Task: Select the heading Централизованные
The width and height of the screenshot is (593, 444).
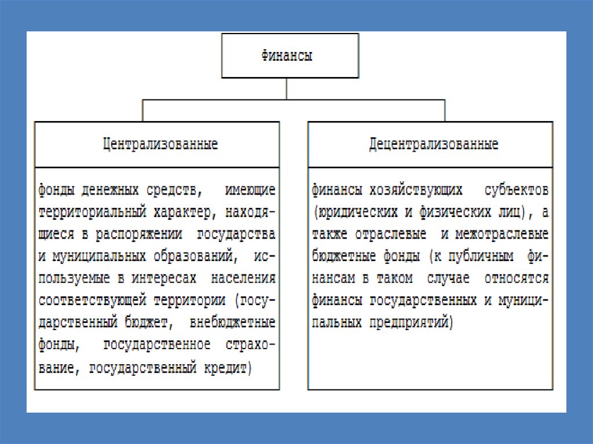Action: (x=160, y=144)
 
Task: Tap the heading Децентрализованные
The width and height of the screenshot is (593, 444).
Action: (x=434, y=144)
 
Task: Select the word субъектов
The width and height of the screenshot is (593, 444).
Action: (x=518, y=189)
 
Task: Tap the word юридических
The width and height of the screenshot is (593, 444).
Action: (x=352, y=212)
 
